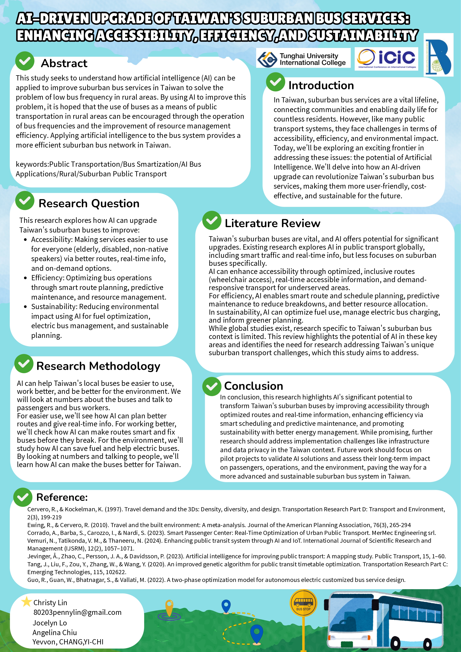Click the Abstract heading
coord(64,63)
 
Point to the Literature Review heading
coord(272,223)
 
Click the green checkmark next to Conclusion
coord(212,386)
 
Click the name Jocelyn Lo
coord(50,623)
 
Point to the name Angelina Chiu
coord(54,632)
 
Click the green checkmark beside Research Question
coord(25,201)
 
